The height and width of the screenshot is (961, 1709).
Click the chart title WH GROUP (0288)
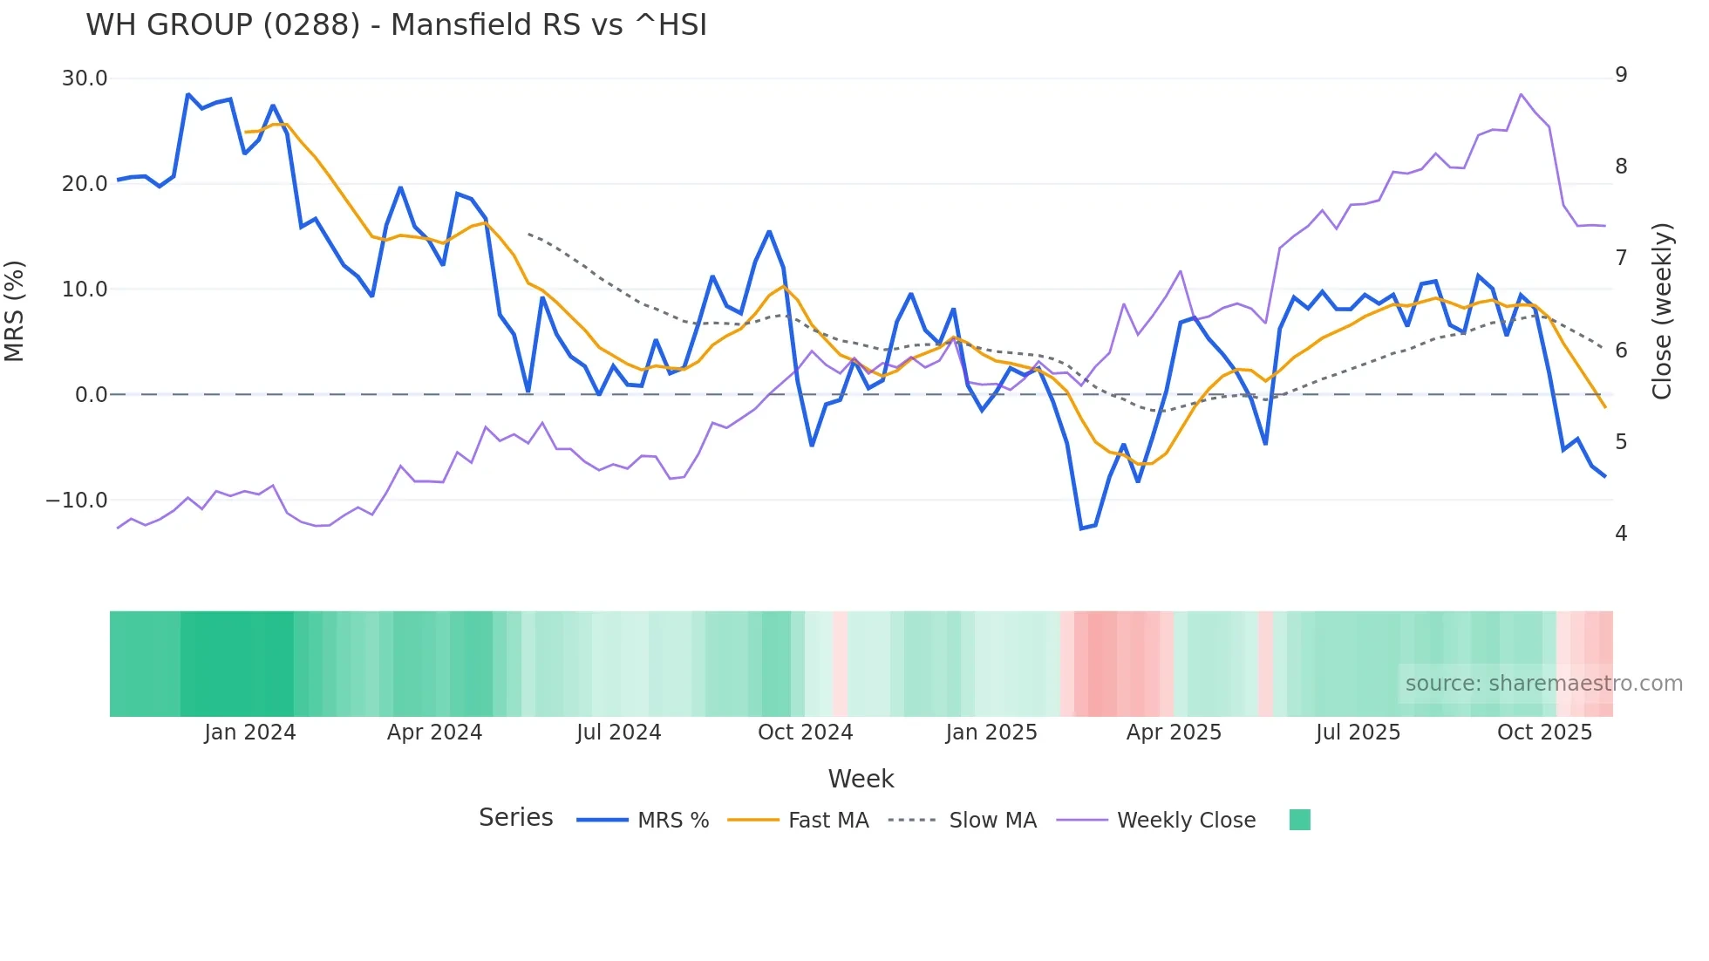[396, 25]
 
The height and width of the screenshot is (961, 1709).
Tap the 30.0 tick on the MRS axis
[85, 78]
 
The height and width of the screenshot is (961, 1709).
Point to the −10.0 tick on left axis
[77, 501]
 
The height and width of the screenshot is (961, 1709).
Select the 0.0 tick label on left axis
[91, 395]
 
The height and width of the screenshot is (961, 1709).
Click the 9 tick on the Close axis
[1621, 75]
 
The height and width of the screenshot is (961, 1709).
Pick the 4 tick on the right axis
[1621, 533]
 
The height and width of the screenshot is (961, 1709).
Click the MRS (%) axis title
[15, 310]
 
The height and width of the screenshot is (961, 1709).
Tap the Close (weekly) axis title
[1662, 310]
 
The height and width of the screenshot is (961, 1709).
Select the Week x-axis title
[861, 779]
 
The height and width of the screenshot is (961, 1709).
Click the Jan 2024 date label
[250, 733]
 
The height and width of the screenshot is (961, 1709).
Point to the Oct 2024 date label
[805, 733]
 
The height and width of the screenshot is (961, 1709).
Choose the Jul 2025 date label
[1358, 733]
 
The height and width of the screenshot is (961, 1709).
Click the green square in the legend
[1299, 820]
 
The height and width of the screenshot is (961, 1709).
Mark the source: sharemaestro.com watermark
[1543, 684]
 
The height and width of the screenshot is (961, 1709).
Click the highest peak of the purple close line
[1521, 94]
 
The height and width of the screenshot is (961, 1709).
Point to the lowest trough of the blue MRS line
[1081, 528]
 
